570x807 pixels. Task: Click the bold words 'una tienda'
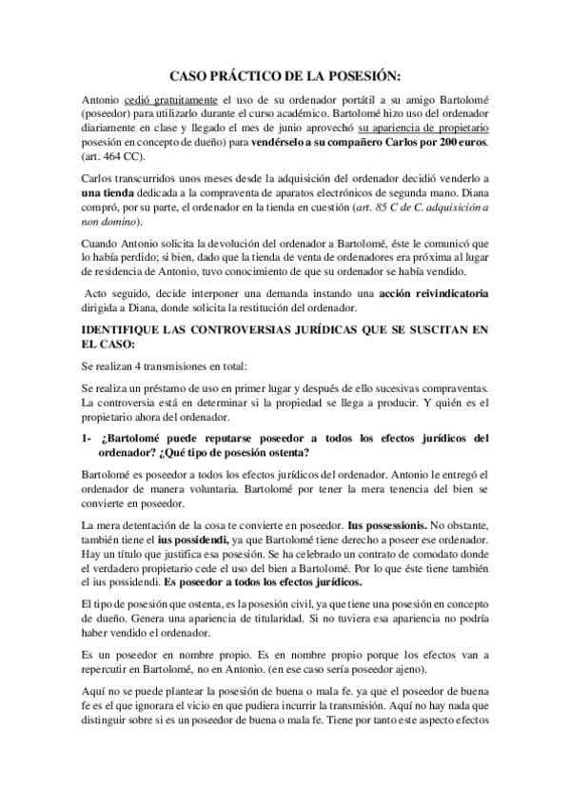point(110,193)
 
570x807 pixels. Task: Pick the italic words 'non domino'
point(108,222)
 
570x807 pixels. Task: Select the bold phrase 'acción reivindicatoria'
point(434,293)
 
